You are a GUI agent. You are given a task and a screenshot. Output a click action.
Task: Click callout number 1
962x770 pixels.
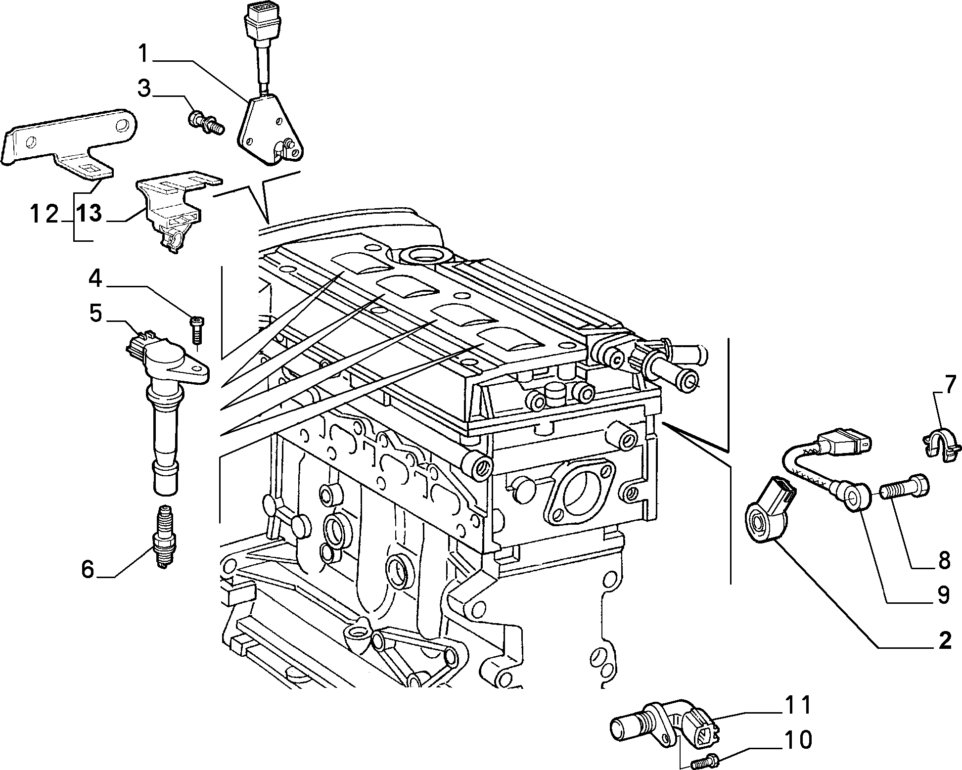(x=143, y=53)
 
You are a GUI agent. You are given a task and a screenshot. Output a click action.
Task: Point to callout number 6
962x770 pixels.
(x=87, y=569)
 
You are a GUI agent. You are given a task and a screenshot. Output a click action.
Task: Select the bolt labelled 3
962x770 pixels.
(x=207, y=123)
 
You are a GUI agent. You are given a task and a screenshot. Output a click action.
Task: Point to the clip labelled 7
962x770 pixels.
(x=942, y=445)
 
